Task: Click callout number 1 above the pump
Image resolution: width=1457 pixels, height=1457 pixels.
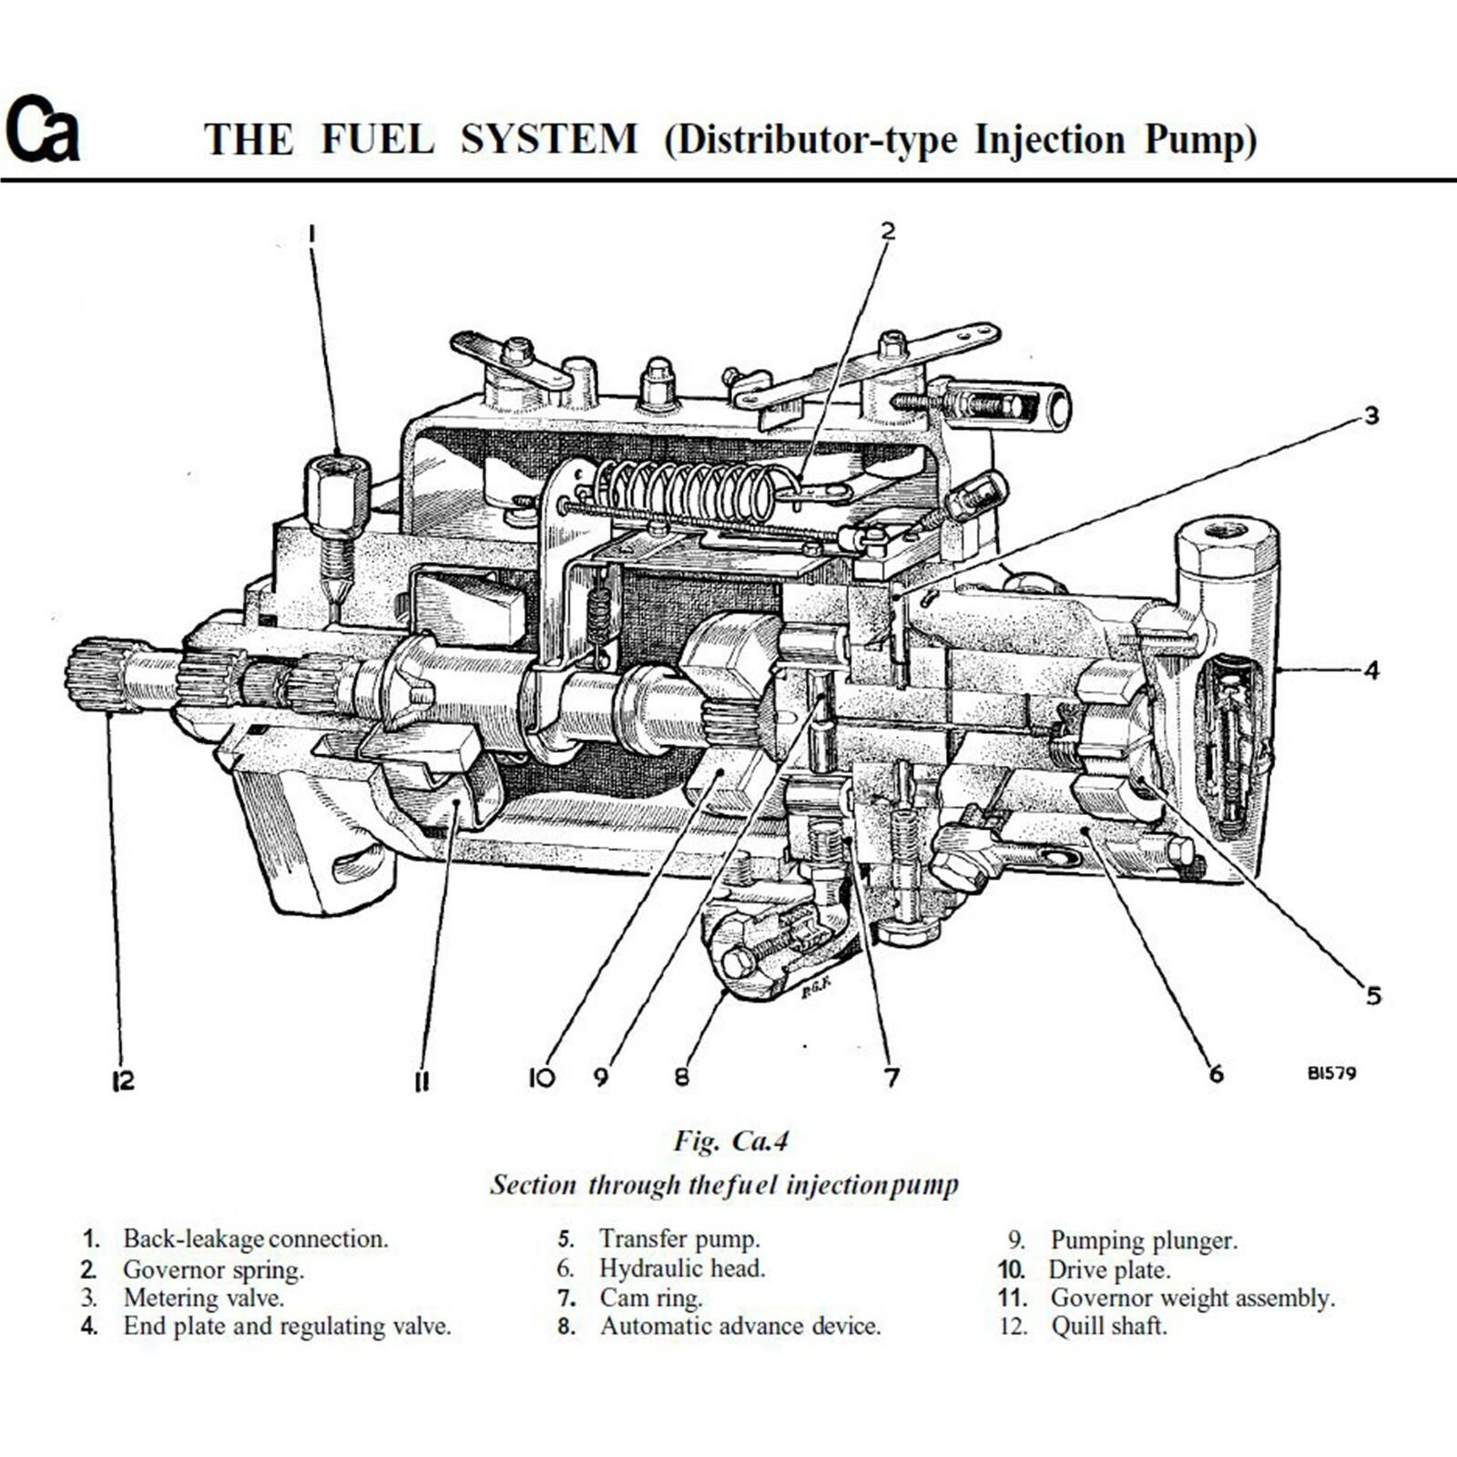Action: pyautogui.click(x=311, y=235)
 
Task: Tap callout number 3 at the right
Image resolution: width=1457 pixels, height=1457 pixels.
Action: pyautogui.click(x=1370, y=416)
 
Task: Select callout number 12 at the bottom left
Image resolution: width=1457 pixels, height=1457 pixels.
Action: pyautogui.click(x=123, y=1081)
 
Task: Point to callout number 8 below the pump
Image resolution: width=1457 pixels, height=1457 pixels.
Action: pyautogui.click(x=682, y=1077)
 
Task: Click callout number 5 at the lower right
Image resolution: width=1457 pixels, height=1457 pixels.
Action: pyautogui.click(x=1373, y=995)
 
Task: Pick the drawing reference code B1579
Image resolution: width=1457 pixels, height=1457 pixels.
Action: pyautogui.click(x=1331, y=1073)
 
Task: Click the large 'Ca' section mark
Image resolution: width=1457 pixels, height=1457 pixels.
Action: pyautogui.click(x=42, y=129)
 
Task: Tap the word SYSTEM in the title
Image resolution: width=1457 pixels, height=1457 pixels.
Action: pyautogui.click(x=548, y=139)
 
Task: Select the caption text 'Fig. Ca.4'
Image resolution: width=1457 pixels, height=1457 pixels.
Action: pyautogui.click(x=731, y=1140)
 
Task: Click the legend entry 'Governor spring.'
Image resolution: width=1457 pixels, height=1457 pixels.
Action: pyautogui.click(x=213, y=1269)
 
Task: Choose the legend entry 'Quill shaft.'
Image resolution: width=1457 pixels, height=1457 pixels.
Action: pyautogui.click(x=1108, y=1326)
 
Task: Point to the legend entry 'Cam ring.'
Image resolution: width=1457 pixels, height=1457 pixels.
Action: pyautogui.click(x=650, y=1298)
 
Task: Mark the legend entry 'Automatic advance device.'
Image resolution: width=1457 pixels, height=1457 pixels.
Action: pyautogui.click(x=739, y=1326)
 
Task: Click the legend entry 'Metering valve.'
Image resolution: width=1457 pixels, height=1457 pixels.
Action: pyautogui.click(x=204, y=1298)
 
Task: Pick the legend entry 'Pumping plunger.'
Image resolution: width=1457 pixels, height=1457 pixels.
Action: pyautogui.click(x=1144, y=1240)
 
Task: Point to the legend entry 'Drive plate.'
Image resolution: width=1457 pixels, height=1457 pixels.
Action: pyautogui.click(x=1109, y=1269)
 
